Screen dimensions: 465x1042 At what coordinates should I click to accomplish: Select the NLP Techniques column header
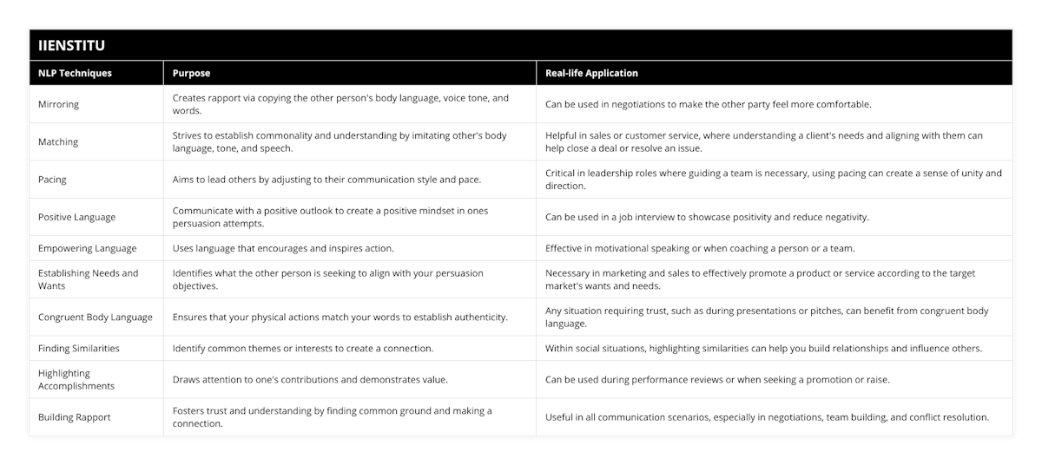pos(75,74)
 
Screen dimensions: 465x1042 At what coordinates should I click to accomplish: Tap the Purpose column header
pos(191,74)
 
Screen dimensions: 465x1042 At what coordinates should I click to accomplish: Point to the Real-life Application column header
pos(591,74)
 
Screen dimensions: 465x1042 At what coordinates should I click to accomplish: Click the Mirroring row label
pos(58,104)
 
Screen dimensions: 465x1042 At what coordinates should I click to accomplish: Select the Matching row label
pos(58,141)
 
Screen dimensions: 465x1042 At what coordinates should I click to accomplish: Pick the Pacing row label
pos(52,180)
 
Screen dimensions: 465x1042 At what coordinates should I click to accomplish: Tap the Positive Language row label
pos(76,217)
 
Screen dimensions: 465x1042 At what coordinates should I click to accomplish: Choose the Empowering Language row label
pos(87,248)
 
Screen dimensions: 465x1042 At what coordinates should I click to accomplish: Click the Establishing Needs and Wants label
pos(88,279)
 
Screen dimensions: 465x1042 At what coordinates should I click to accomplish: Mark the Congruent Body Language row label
pos(95,317)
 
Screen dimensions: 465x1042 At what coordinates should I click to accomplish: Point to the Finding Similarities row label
pos(79,348)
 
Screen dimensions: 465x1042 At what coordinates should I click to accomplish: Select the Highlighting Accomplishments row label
pos(76,379)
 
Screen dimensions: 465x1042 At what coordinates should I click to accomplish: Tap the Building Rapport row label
pos(74,417)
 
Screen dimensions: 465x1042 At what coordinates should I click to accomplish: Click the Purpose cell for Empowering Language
pos(283,248)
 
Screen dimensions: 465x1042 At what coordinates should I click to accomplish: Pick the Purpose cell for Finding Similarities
pos(303,348)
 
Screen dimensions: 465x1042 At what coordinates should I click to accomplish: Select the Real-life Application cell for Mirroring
pos(708,104)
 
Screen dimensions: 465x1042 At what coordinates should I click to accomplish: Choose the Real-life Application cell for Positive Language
pos(707,217)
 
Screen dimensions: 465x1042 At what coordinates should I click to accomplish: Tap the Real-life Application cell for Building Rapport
pos(767,417)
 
